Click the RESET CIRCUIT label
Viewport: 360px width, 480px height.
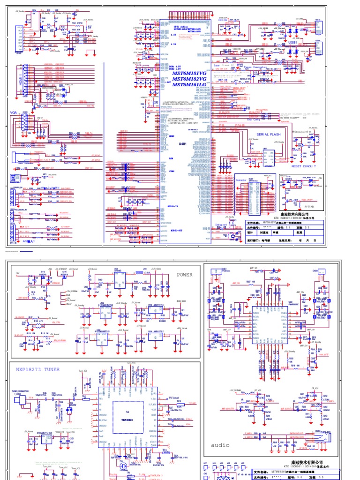tap(304, 166)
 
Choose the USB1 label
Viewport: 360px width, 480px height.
tap(293, 43)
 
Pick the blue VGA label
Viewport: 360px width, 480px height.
tap(13, 112)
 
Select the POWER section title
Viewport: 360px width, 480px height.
tap(184, 275)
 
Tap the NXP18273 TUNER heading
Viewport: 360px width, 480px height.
tap(38, 369)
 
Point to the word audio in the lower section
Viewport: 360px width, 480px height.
tap(220, 445)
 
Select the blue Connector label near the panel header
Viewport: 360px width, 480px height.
tap(241, 180)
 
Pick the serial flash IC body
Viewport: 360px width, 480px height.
tap(265, 157)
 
